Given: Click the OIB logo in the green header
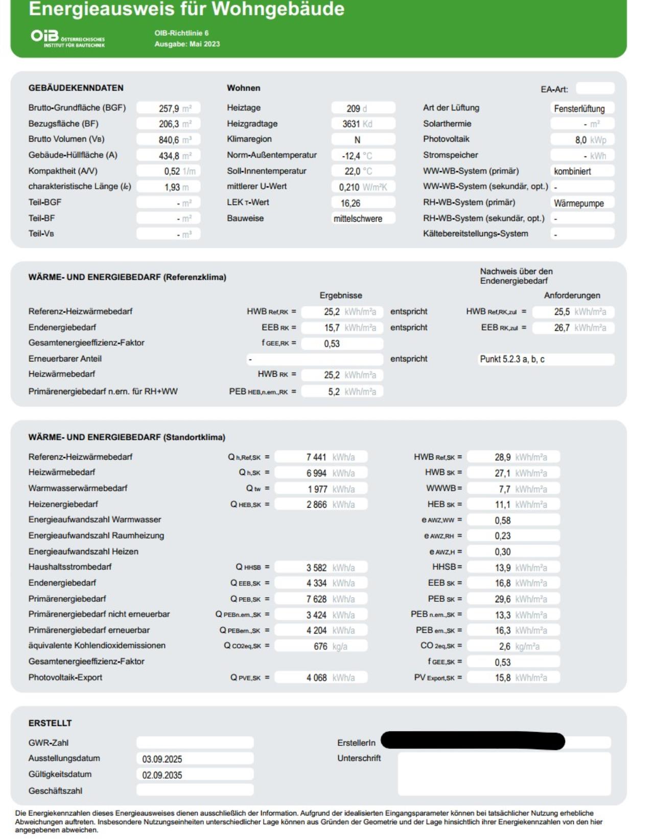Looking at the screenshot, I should [67, 38].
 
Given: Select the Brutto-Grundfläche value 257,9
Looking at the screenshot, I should [169, 108].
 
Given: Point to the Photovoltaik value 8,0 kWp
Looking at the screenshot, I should [582, 140].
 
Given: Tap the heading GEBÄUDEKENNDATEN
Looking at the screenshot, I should [76, 88].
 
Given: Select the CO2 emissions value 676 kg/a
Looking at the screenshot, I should [321, 646].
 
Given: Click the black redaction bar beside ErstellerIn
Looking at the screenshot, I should [473, 741].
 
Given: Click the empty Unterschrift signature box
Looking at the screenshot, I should [504, 774].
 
